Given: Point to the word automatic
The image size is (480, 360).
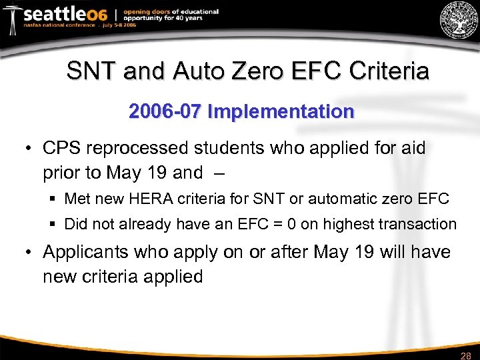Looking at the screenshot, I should [x=349, y=198].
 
